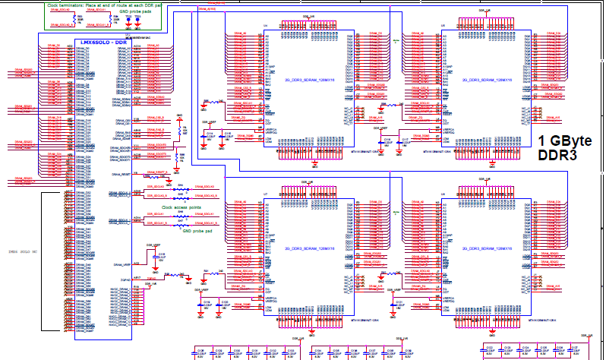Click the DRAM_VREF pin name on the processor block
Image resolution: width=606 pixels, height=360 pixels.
pos(121,264)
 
